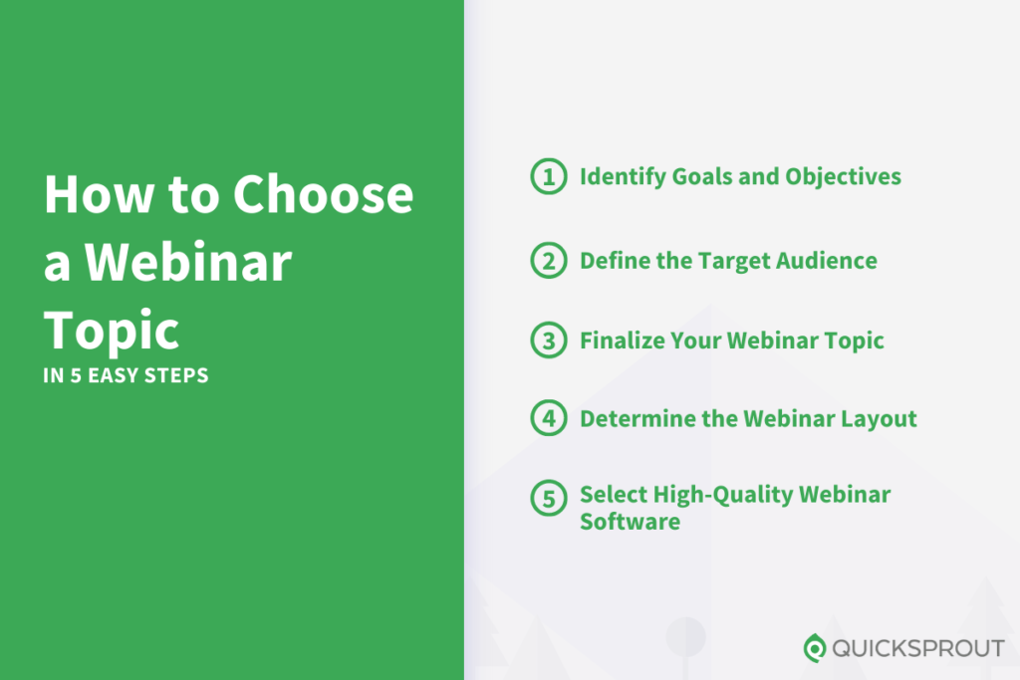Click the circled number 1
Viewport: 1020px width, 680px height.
tap(547, 177)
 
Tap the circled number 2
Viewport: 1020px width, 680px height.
tap(547, 261)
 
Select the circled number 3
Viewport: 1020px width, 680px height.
tap(547, 340)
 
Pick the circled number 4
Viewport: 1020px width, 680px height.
tap(547, 418)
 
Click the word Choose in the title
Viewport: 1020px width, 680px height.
tap(323, 194)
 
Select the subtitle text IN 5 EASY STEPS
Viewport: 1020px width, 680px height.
tap(126, 377)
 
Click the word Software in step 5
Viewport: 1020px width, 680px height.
tap(630, 522)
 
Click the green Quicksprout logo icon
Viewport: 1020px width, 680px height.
tap(815, 648)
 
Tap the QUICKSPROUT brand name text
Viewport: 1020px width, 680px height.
tap(917, 648)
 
